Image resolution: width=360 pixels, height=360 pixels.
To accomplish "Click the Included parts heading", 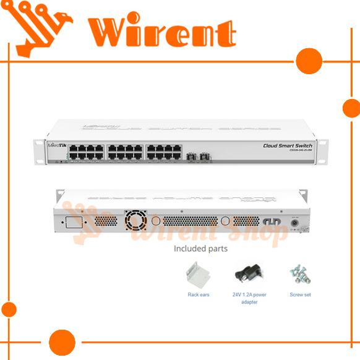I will (200, 249).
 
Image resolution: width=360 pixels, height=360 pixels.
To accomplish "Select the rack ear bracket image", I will (199, 274).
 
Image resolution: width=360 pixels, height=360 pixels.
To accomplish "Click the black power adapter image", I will (249, 273).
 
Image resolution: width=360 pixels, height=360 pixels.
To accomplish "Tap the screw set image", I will (300, 273).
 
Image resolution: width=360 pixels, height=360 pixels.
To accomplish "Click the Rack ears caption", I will (199, 294).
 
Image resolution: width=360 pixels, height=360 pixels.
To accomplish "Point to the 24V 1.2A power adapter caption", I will (249, 298).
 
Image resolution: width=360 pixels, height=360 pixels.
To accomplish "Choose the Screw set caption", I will (300, 294).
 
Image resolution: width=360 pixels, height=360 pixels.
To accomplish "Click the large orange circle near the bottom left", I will (62, 342).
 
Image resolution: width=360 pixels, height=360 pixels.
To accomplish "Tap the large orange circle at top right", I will (309, 61).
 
